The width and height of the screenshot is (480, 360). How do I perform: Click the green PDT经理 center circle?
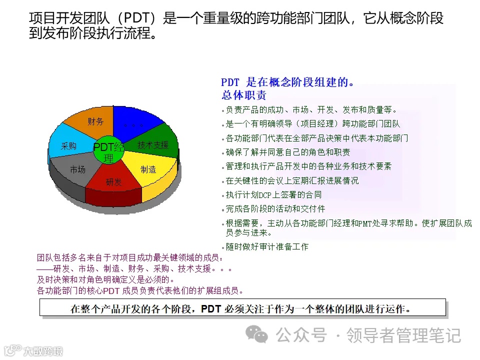[x=109, y=150]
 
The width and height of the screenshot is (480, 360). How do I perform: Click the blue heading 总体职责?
[x=244, y=95]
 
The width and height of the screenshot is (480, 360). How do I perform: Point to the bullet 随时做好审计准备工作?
[x=267, y=246]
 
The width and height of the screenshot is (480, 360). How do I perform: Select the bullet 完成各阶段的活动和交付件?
[x=275, y=209]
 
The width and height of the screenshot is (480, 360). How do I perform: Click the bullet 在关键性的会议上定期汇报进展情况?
[x=292, y=180]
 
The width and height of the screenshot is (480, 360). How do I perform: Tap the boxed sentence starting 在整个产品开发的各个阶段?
[x=242, y=308]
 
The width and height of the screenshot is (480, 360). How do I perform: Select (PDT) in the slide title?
[x=141, y=19]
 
